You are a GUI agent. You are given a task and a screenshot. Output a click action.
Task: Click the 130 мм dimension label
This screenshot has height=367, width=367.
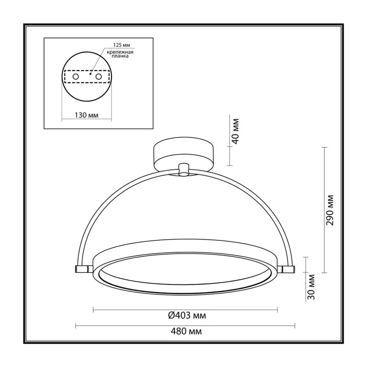tap(86, 115)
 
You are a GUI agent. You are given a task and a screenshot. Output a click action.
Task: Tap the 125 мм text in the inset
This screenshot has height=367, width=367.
tap(122, 45)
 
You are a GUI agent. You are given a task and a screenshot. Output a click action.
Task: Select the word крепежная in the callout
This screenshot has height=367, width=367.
tap(120, 52)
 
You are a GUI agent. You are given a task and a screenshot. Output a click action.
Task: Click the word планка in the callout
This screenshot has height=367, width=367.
tap(120, 56)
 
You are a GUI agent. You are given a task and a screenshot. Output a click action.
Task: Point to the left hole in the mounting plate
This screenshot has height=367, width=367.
tap(76, 77)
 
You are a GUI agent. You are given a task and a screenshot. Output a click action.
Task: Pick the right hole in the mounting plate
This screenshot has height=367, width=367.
tap(99, 77)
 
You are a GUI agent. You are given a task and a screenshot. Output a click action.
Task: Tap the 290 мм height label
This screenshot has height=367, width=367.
tap(329, 210)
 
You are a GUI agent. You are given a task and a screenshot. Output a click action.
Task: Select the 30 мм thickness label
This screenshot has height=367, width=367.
tap(311, 287)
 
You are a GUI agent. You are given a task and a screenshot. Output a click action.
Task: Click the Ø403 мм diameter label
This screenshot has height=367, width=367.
tap(187, 316)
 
